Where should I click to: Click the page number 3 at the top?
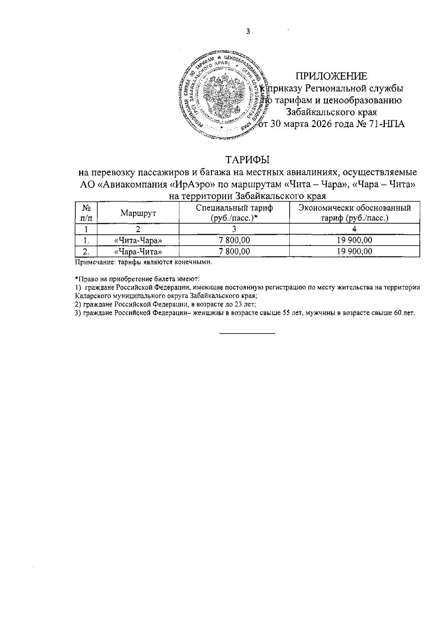[248, 32]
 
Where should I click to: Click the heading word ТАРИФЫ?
[247, 160]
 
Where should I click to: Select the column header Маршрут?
[138, 213]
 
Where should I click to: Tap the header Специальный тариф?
[234, 208]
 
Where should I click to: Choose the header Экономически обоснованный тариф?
[354, 213]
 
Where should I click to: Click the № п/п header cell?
[86, 213]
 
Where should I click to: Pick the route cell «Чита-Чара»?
[138, 240]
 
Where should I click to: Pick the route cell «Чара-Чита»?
[138, 251]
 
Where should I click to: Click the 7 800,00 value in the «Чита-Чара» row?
[234, 240]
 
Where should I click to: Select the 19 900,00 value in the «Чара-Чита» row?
[354, 251]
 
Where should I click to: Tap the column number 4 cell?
[354, 229]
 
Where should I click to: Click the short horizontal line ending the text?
[247, 333]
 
